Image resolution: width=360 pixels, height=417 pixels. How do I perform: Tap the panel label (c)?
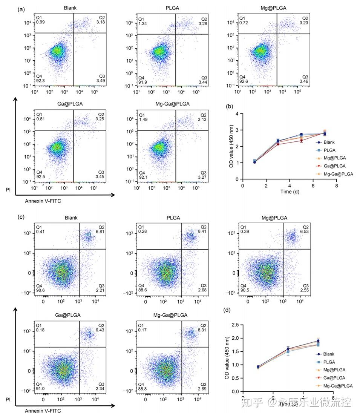click(21, 218)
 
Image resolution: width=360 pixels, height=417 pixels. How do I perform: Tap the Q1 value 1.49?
click(142, 120)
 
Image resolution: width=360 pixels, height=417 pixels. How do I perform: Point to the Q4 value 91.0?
click(41, 387)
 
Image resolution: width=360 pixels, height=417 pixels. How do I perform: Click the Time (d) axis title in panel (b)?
click(289, 192)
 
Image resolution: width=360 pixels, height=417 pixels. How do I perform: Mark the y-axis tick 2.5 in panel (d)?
click(234, 325)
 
